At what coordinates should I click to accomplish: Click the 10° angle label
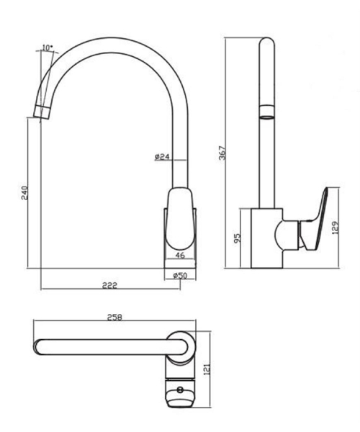[47, 48]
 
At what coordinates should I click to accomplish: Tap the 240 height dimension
[24, 192]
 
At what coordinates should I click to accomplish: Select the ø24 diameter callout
[162, 157]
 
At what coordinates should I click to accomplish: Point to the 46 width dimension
[180, 255]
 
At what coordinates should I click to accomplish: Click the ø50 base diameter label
[180, 275]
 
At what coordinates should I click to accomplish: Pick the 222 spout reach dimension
[109, 285]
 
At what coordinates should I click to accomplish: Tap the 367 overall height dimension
[222, 153]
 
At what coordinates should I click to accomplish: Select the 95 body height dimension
[237, 238]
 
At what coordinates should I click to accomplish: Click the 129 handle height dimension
[336, 228]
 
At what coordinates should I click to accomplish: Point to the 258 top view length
[114, 317]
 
